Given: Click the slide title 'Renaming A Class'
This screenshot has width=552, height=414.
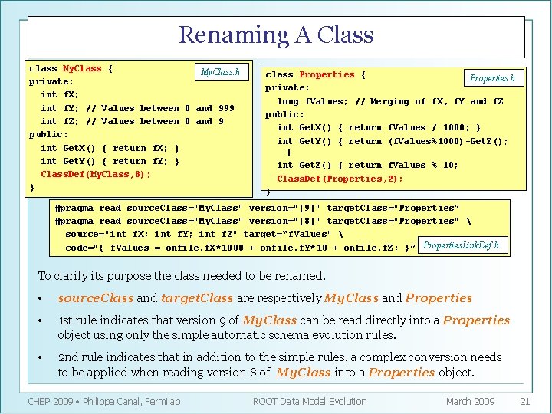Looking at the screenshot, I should point(276,35).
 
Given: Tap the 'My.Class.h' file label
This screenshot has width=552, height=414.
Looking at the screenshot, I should point(219,73).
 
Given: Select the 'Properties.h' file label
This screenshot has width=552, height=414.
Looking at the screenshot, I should point(491,78).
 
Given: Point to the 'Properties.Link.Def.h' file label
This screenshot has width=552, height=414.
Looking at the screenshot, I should point(461,245).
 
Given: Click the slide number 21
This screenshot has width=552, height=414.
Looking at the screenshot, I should point(524,401).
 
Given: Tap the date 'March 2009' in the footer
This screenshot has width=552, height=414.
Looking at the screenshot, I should point(470,401).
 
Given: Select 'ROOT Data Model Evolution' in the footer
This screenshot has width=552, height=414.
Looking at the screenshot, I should point(309,401).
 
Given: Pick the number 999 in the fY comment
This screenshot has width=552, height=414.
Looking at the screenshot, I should point(226,108).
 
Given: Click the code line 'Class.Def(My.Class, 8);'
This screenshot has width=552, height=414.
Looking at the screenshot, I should point(96,174).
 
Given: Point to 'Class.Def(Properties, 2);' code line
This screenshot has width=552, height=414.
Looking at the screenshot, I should point(340,179).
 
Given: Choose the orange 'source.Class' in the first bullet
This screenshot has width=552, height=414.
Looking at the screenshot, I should point(95,298).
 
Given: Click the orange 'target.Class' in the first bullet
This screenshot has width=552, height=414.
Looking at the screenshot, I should point(197,298).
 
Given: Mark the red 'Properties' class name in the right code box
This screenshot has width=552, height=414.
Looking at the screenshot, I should point(327,74).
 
